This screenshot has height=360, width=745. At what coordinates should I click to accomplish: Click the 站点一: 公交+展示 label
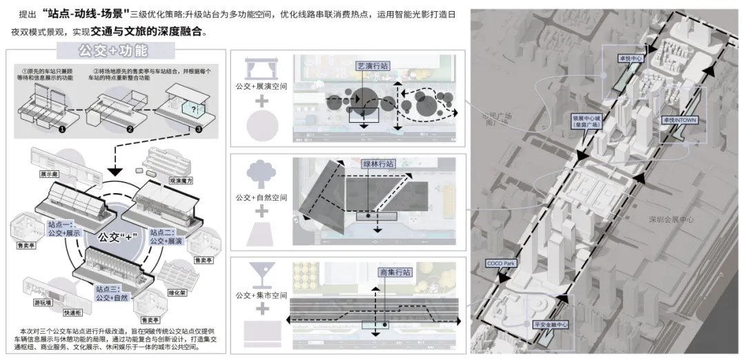tap(64, 230)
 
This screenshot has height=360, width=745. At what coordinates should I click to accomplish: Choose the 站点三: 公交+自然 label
tap(113, 294)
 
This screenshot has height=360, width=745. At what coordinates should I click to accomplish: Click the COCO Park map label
tap(501, 263)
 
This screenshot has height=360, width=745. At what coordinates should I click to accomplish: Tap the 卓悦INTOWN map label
tap(678, 119)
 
